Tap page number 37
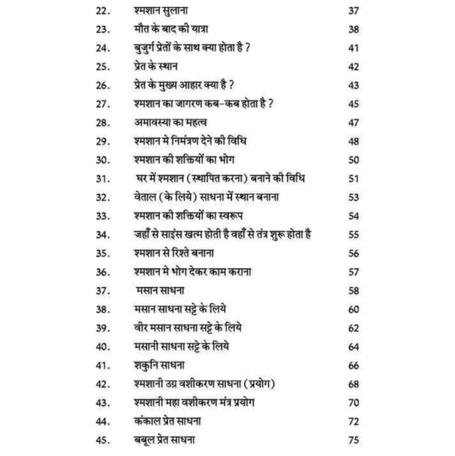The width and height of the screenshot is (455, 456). [353, 11]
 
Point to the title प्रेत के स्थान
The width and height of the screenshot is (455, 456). [153, 67]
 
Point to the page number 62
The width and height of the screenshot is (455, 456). [353, 328]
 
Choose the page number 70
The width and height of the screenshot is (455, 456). [353, 402]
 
